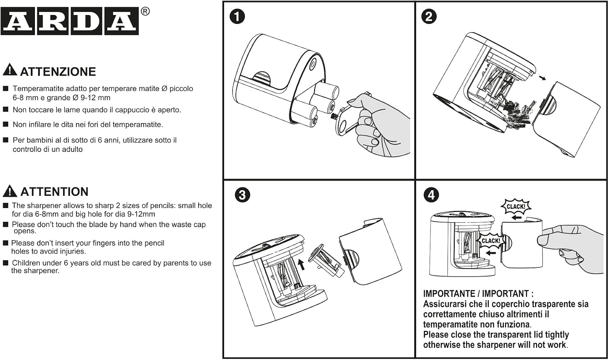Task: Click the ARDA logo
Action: (69, 21)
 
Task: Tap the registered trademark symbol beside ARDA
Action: (145, 11)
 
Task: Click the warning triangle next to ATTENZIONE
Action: (10, 69)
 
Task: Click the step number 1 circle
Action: (237, 16)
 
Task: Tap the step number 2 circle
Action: (429, 16)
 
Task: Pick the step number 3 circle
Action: (242, 195)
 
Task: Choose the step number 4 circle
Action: (431, 195)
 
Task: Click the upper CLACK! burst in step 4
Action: (516, 206)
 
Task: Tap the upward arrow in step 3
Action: (301, 264)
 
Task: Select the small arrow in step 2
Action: (542, 78)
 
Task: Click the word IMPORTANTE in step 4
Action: (449, 294)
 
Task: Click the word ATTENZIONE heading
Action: (58, 72)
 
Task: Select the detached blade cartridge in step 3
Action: (326, 260)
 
